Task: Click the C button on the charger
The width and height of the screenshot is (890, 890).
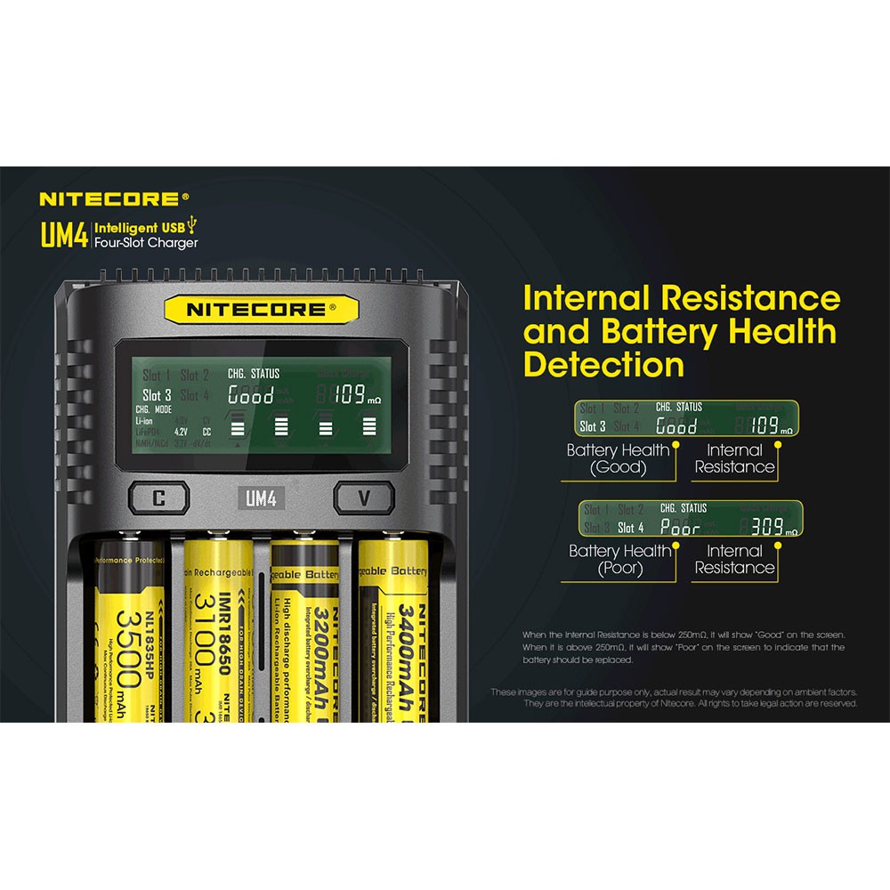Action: (158, 498)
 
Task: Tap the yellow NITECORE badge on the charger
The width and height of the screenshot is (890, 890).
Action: (261, 311)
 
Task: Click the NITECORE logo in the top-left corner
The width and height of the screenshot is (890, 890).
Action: (114, 198)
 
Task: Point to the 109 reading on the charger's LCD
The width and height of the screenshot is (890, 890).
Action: (350, 394)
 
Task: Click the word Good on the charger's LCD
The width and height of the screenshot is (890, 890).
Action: (251, 395)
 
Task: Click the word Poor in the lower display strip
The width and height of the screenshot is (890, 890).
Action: (681, 528)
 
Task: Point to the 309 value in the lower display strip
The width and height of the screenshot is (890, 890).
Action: (766, 528)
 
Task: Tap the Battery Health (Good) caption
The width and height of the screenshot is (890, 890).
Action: (619, 458)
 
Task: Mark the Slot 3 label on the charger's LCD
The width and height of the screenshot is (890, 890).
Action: (158, 395)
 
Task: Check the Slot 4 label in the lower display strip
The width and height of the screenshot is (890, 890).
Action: (631, 528)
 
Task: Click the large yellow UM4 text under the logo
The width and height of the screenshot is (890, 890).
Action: (63, 234)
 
